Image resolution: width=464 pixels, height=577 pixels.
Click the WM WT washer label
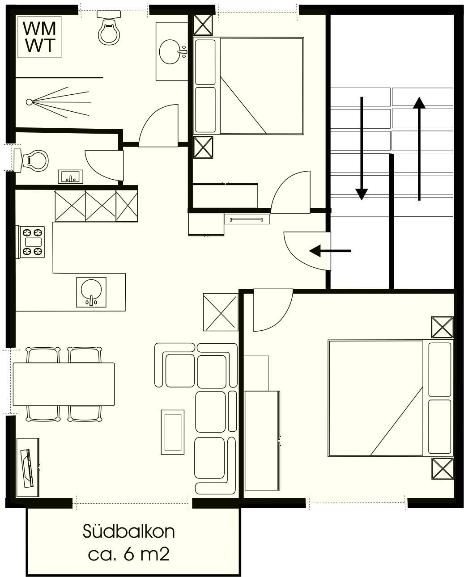click(x=39, y=37)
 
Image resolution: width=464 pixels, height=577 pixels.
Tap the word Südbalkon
click(x=128, y=531)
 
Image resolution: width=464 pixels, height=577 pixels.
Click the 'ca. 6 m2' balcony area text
click(x=128, y=555)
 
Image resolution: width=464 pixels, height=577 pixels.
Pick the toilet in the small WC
click(x=31, y=160)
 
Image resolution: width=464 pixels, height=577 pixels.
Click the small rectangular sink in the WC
click(x=71, y=177)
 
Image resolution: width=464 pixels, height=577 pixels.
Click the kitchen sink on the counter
click(x=91, y=292)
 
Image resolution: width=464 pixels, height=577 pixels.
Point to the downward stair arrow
click(x=362, y=148)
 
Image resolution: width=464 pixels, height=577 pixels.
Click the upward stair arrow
click(x=419, y=148)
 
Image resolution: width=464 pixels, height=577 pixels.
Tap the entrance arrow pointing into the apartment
click(x=330, y=251)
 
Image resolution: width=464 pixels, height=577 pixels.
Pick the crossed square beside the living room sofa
click(x=221, y=312)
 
